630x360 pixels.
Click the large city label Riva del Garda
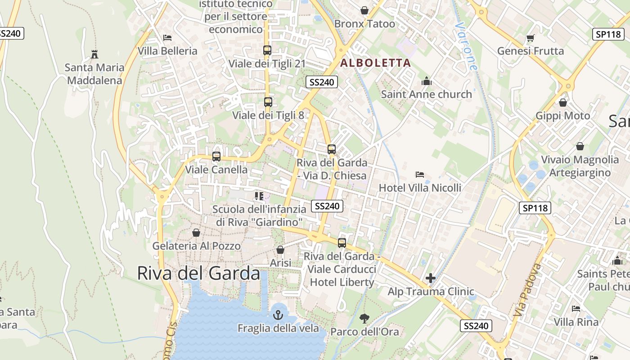click(x=198, y=273)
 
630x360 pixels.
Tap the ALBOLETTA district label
click(x=376, y=63)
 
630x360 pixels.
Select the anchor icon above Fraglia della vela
click(x=278, y=315)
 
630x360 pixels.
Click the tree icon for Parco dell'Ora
click(x=364, y=319)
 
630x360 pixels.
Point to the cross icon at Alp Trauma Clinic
click(x=431, y=278)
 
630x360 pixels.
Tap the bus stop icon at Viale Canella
click(x=216, y=157)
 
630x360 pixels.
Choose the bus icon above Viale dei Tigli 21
click(x=267, y=50)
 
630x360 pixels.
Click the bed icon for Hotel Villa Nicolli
click(x=420, y=175)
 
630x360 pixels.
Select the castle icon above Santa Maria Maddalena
click(x=94, y=54)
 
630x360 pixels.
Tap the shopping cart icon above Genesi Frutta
click(x=530, y=38)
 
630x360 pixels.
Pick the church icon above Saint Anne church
click(x=426, y=81)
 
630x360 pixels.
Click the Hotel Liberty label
click(x=342, y=282)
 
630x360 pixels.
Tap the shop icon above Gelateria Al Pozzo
click(x=196, y=233)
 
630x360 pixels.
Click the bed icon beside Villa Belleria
click(x=167, y=38)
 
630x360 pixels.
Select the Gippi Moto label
click(x=562, y=116)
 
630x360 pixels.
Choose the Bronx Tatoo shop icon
click(x=364, y=10)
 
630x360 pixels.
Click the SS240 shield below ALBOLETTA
click(x=322, y=82)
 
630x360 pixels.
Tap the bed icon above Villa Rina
click(x=576, y=309)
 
